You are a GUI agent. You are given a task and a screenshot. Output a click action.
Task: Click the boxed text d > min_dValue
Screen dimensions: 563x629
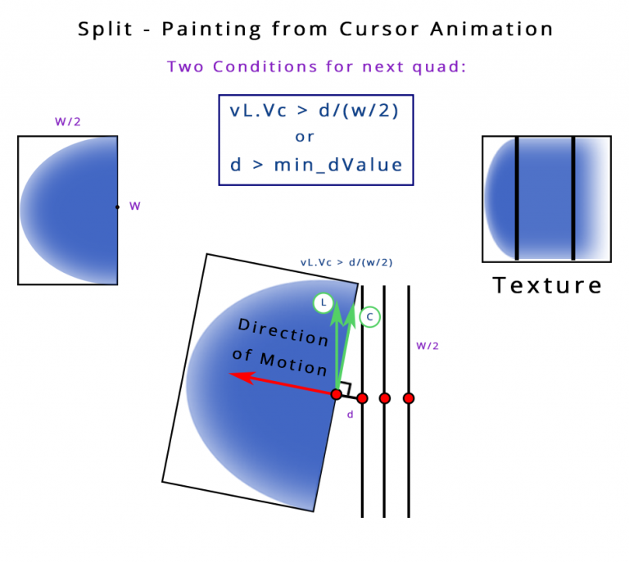click(316, 165)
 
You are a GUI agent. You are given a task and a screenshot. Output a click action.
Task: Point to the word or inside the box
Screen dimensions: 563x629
click(305, 137)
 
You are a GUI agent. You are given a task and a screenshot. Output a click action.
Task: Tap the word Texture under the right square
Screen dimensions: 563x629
click(547, 285)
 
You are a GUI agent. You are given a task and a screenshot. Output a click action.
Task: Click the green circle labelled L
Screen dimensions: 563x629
click(324, 304)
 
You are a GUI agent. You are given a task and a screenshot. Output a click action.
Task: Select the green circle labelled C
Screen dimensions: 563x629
click(370, 316)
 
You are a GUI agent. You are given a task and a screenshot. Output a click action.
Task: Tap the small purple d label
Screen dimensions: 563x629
click(350, 415)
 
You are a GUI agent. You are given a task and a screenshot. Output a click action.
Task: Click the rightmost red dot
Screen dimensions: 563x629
click(409, 398)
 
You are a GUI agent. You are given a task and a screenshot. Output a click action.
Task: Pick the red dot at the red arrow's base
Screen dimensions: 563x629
click(336, 394)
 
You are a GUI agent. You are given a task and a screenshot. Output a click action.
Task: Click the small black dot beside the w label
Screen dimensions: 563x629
click(117, 207)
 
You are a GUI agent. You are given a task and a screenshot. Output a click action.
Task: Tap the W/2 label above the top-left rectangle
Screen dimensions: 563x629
click(68, 122)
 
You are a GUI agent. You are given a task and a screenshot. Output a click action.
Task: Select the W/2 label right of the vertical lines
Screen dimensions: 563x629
click(428, 346)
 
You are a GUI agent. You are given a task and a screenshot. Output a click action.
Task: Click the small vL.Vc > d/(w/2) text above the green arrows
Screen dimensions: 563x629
click(346, 263)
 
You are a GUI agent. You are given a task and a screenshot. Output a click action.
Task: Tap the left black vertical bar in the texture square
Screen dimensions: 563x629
click(517, 198)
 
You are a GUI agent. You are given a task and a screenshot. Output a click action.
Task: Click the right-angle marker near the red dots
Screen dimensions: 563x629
click(346, 389)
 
